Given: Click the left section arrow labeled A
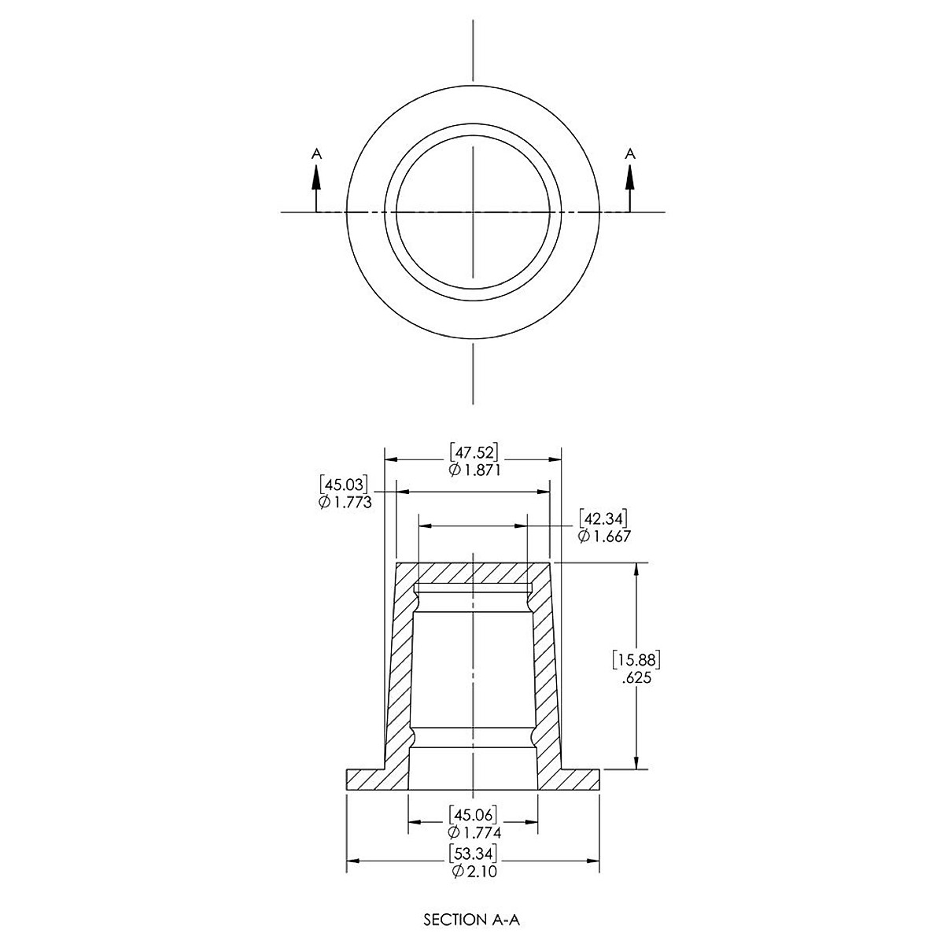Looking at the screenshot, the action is [316, 189].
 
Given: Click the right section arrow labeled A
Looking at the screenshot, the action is [630, 189].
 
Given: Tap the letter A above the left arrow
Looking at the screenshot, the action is [317, 154].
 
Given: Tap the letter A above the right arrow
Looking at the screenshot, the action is [630, 154].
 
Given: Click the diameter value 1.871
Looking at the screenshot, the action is [474, 470].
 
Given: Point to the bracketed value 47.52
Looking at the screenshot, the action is [474, 452].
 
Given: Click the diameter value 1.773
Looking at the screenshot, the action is [345, 502].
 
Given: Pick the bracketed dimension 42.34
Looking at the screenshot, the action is [603, 518].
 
